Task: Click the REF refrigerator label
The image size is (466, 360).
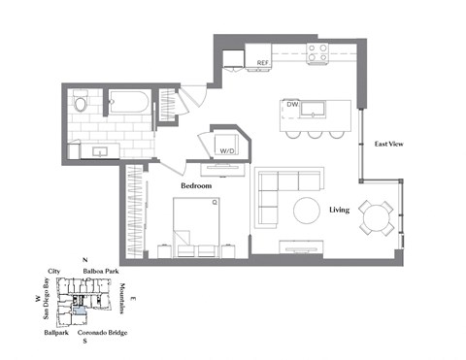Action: [x=262, y=63]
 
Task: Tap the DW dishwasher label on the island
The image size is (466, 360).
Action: [x=291, y=104]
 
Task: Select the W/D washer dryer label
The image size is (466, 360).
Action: [x=228, y=150]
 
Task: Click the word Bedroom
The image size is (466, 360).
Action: [x=198, y=183]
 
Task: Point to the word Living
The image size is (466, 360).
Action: [x=339, y=210]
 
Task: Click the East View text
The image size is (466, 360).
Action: [x=389, y=145]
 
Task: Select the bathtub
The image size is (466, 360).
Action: [x=128, y=100]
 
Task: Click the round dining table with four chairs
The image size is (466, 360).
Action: [x=374, y=215]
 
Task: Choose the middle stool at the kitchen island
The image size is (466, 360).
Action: [x=313, y=132]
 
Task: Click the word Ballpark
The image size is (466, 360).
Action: [x=55, y=332]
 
